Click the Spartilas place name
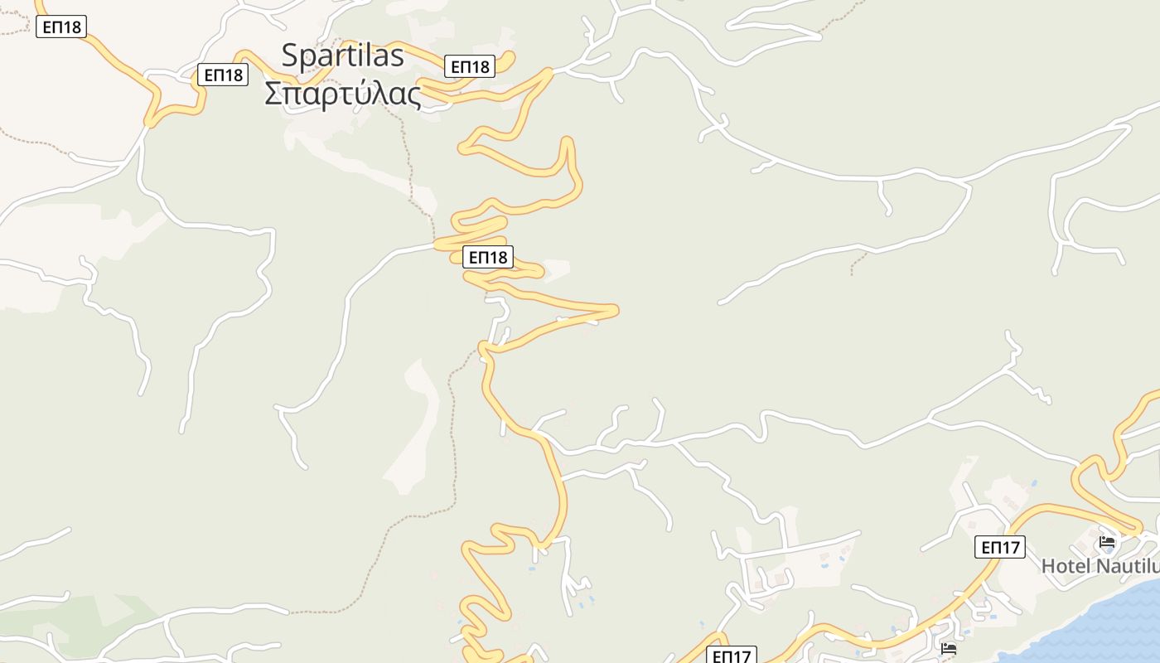(x=342, y=55)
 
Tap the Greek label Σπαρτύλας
(x=342, y=93)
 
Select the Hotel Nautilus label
(x=1099, y=566)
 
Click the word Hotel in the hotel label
(x=1066, y=566)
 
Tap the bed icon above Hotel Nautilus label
(x=1107, y=542)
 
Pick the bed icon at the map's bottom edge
(x=949, y=648)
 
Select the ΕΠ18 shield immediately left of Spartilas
(x=223, y=75)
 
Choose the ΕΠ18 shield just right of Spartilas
(x=470, y=65)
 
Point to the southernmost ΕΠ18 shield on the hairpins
(x=488, y=257)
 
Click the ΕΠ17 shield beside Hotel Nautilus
(x=1000, y=547)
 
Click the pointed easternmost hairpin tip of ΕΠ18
(x=616, y=310)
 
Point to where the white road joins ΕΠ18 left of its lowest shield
(x=437, y=245)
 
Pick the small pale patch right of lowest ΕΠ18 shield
(x=557, y=270)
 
